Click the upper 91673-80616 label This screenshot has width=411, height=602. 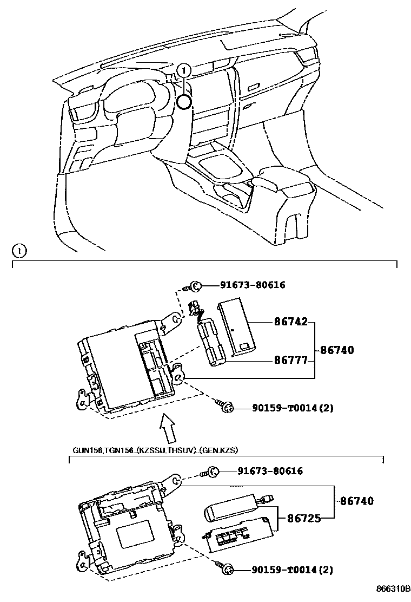(x=253, y=285)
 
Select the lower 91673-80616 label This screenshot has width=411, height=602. (x=270, y=472)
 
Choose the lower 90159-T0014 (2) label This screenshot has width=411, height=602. (x=292, y=570)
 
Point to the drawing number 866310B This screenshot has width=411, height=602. (x=393, y=588)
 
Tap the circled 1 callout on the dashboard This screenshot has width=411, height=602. (x=184, y=70)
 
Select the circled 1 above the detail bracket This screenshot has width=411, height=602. (x=19, y=251)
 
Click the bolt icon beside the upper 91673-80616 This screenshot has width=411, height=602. (x=196, y=285)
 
